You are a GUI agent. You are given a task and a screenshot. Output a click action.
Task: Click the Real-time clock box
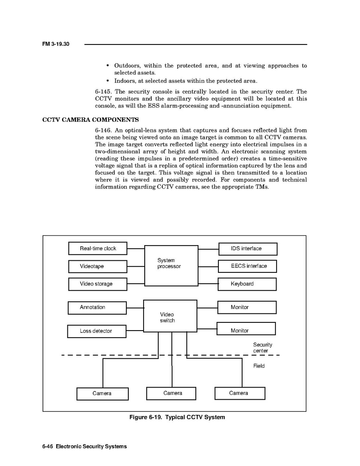coord(98,249)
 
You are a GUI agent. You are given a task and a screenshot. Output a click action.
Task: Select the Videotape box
coord(98,267)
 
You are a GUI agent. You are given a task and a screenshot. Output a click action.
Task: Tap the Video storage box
coord(98,284)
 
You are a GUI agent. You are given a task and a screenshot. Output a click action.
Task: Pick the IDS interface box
coord(248,249)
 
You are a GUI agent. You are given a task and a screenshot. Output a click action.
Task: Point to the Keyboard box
coord(247,284)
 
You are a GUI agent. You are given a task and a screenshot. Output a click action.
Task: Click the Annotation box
coord(97,308)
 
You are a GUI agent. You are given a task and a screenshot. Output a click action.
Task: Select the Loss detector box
coord(97,331)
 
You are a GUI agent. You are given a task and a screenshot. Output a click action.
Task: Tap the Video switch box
coord(170,316)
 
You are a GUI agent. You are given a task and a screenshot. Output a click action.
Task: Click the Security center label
coord(262,348)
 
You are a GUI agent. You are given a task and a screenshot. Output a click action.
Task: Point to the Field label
coord(259,366)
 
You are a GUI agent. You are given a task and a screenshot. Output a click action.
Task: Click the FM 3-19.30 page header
coord(56,44)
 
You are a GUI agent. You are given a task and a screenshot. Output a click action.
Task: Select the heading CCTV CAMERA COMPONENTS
coord(90,120)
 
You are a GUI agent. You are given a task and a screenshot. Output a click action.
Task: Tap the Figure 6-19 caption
coord(177,417)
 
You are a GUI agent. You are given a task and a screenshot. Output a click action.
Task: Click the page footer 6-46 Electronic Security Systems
coord(85,446)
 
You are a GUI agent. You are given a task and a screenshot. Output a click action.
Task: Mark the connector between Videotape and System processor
coord(136,267)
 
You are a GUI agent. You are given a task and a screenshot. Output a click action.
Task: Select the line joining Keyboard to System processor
coord(208,284)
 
